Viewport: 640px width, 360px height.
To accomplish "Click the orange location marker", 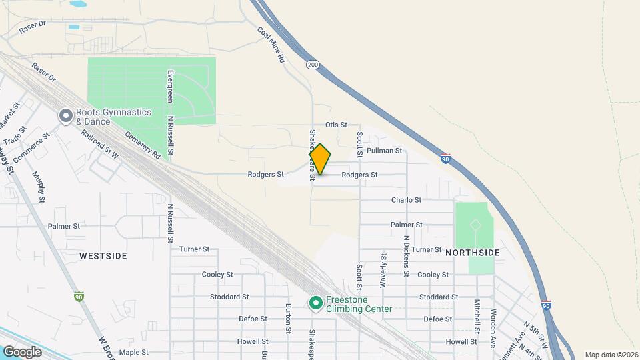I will (320, 159).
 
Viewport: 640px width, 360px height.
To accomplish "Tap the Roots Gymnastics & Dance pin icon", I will (65, 117).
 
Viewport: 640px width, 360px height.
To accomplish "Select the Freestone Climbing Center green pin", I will (315, 303).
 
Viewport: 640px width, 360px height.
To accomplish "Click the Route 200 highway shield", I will (313, 65).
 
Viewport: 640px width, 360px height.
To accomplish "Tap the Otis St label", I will (336, 125).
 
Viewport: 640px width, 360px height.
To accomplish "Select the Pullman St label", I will (384, 151).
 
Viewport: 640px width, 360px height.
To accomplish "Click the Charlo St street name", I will (406, 200).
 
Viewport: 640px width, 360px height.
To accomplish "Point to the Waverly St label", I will (383, 270).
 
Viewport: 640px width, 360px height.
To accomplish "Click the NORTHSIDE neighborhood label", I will (472, 253).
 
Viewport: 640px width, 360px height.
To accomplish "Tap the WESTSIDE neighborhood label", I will (103, 255).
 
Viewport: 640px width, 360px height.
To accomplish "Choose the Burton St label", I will (289, 319).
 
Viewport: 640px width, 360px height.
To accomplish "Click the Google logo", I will (22, 352).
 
